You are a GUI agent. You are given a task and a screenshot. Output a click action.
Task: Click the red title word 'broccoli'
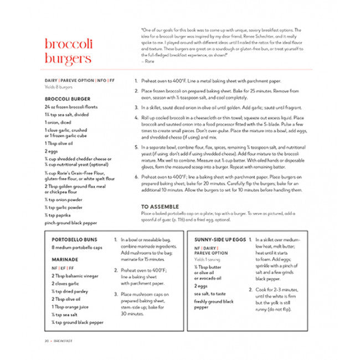tap(68, 44)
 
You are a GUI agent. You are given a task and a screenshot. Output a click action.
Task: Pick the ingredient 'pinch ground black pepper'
tap(71, 223)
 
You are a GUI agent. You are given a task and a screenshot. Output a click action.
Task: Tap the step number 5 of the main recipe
tap(136, 147)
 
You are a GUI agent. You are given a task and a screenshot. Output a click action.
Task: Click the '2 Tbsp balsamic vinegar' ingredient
tap(75, 275)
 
